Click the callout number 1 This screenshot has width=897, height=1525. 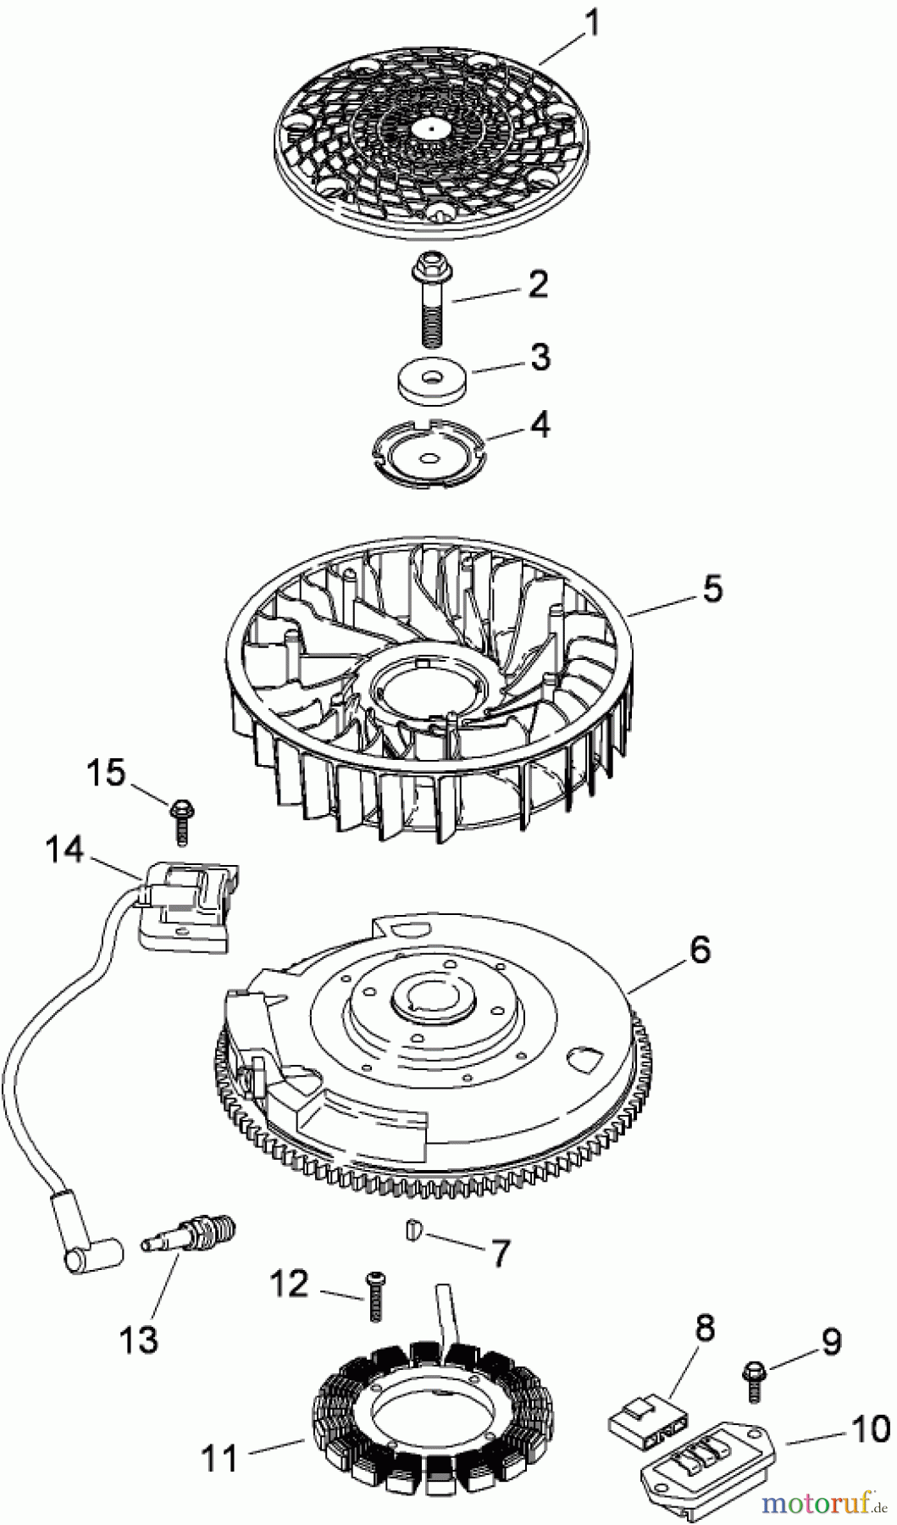(592, 23)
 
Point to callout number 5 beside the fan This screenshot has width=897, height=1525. (712, 588)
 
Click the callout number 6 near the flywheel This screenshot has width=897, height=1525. (700, 951)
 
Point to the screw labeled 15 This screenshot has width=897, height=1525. (181, 818)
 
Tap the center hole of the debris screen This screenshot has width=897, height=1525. (431, 128)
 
